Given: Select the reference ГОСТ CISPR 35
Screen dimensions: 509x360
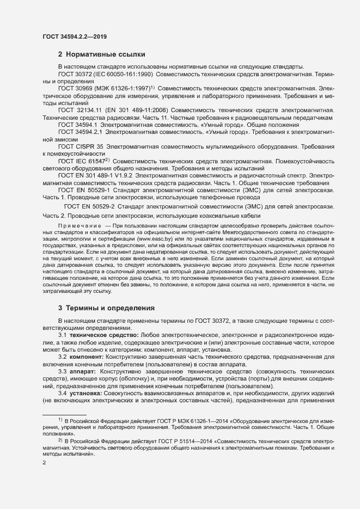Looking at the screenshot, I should [81, 147].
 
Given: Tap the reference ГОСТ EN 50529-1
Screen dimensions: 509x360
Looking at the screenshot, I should [82, 190].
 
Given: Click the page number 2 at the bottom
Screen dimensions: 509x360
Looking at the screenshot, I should [44, 463].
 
